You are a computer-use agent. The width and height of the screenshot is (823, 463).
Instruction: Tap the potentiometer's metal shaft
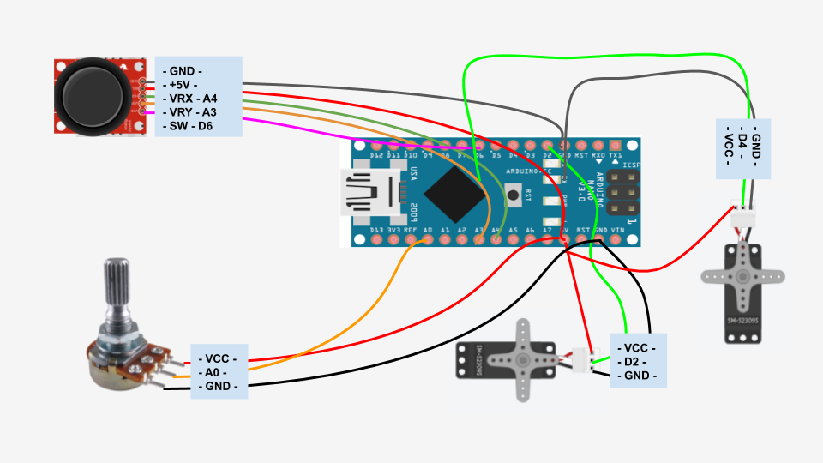(117, 287)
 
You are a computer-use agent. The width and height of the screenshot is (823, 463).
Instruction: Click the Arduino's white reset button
(514, 195)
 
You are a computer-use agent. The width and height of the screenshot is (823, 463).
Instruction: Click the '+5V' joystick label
(183, 85)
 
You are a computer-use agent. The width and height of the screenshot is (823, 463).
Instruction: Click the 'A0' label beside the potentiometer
(212, 372)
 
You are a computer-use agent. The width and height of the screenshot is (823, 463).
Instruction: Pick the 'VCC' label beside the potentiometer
(217, 358)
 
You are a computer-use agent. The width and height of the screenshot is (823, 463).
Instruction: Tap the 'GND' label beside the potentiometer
(218, 387)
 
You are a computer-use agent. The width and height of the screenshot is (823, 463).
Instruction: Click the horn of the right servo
(742, 276)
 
